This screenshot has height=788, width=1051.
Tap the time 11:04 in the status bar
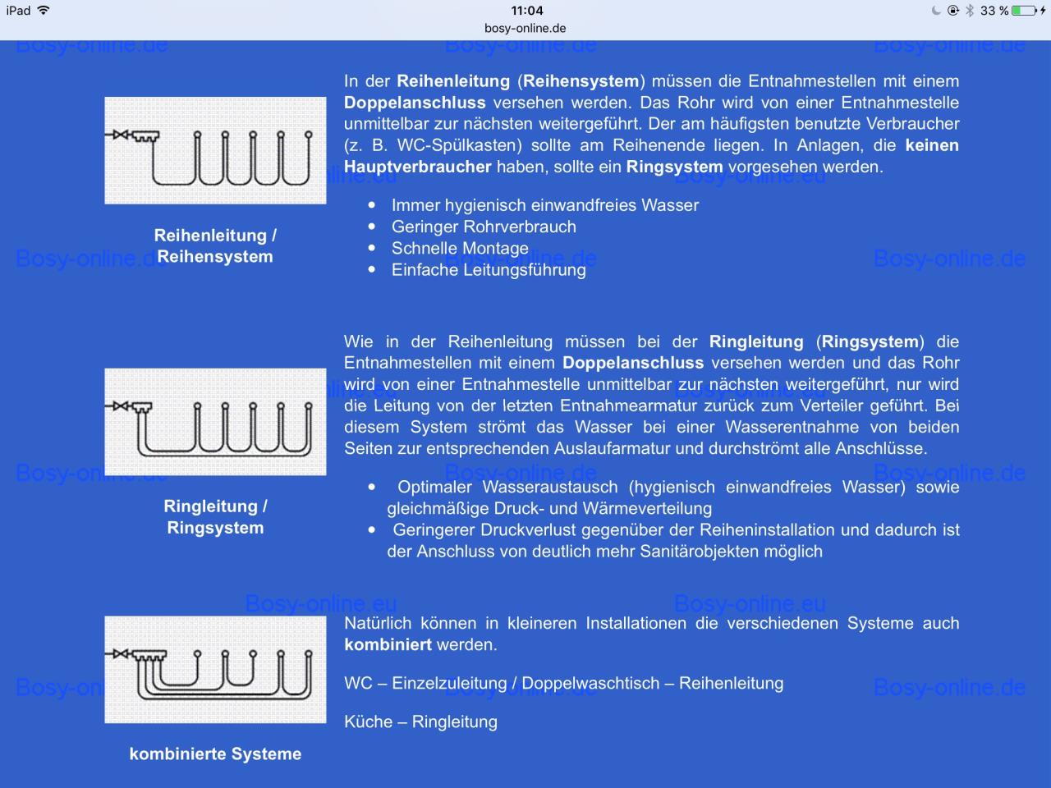(526, 11)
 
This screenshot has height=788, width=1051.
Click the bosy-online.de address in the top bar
(525, 28)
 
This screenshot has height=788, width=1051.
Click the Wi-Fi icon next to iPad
(44, 11)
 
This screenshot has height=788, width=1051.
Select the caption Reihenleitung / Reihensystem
(215, 245)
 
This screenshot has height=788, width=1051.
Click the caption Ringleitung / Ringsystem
(215, 516)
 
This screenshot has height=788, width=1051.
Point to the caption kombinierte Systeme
(215, 754)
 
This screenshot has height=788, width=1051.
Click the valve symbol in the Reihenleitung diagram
(122, 135)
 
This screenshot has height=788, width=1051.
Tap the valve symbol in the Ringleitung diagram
(122, 405)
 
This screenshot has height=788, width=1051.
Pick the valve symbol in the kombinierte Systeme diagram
(122, 653)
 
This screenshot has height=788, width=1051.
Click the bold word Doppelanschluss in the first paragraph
(415, 103)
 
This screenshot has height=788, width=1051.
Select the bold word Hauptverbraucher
(417, 167)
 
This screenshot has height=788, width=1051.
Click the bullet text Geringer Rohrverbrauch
(484, 227)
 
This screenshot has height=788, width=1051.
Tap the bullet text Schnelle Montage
(460, 248)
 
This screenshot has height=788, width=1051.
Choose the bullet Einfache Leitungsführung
(489, 269)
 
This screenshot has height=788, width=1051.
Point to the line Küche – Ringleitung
(420, 722)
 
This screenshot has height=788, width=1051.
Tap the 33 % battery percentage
(994, 11)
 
